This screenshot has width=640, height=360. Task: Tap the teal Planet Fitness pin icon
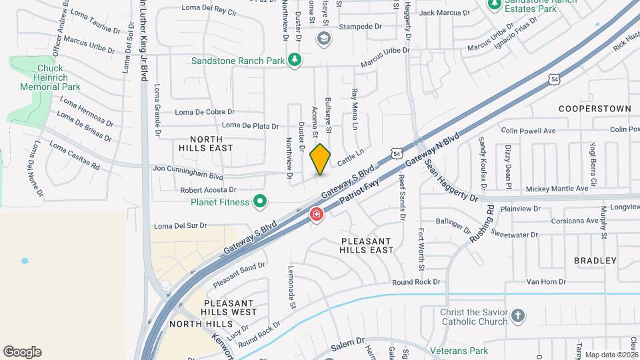tap(261, 201)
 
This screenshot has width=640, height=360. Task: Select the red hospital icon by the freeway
tap(316, 215)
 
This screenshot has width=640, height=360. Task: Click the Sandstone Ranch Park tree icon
tap(294, 61)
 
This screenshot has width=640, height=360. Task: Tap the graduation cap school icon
tap(323, 38)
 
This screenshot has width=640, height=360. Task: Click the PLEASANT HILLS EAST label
tap(367, 245)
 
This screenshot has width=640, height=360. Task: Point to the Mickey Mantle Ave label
tap(557, 189)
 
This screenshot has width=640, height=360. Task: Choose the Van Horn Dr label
tap(545, 282)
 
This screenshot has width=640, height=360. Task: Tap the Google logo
tap(22, 352)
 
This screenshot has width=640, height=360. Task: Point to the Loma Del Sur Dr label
tap(180, 226)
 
